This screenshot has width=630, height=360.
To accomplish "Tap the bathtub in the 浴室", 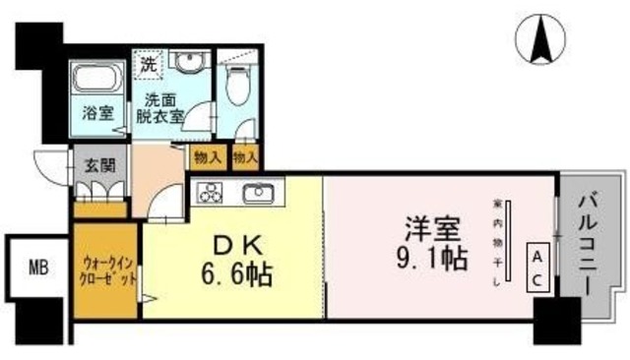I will coord(94,79).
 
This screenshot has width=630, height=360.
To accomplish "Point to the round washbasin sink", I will coord(186,61).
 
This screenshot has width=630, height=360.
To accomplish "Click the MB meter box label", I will coord(37,266).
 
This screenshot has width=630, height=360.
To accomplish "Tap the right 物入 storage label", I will coord(245,156).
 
